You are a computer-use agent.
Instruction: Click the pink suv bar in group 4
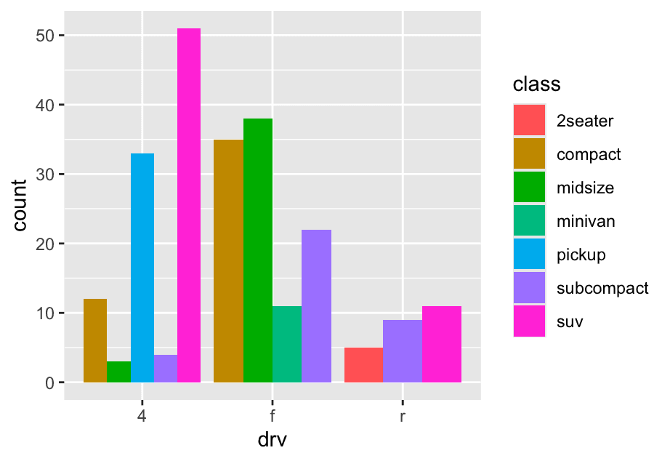coord(189,205)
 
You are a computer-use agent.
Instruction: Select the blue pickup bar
coord(142,268)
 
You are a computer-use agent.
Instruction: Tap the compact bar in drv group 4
coord(95,340)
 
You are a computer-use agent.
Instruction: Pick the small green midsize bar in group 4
coord(118,372)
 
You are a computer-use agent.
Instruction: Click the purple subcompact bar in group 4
coord(166,368)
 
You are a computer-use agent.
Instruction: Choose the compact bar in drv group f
coord(229,260)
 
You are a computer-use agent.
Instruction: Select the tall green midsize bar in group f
coord(258,250)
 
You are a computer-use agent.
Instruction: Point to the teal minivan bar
coord(287,344)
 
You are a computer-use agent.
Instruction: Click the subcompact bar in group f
coord(316,305)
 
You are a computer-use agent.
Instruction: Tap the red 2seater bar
coord(363,365)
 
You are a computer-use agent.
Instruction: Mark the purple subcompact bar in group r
coord(403,351)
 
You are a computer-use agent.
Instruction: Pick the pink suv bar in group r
coord(442,344)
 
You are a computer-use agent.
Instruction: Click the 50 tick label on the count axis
coord(44,36)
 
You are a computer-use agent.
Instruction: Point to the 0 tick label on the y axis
coord(49,382)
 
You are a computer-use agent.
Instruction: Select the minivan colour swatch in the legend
coord(529,221)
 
